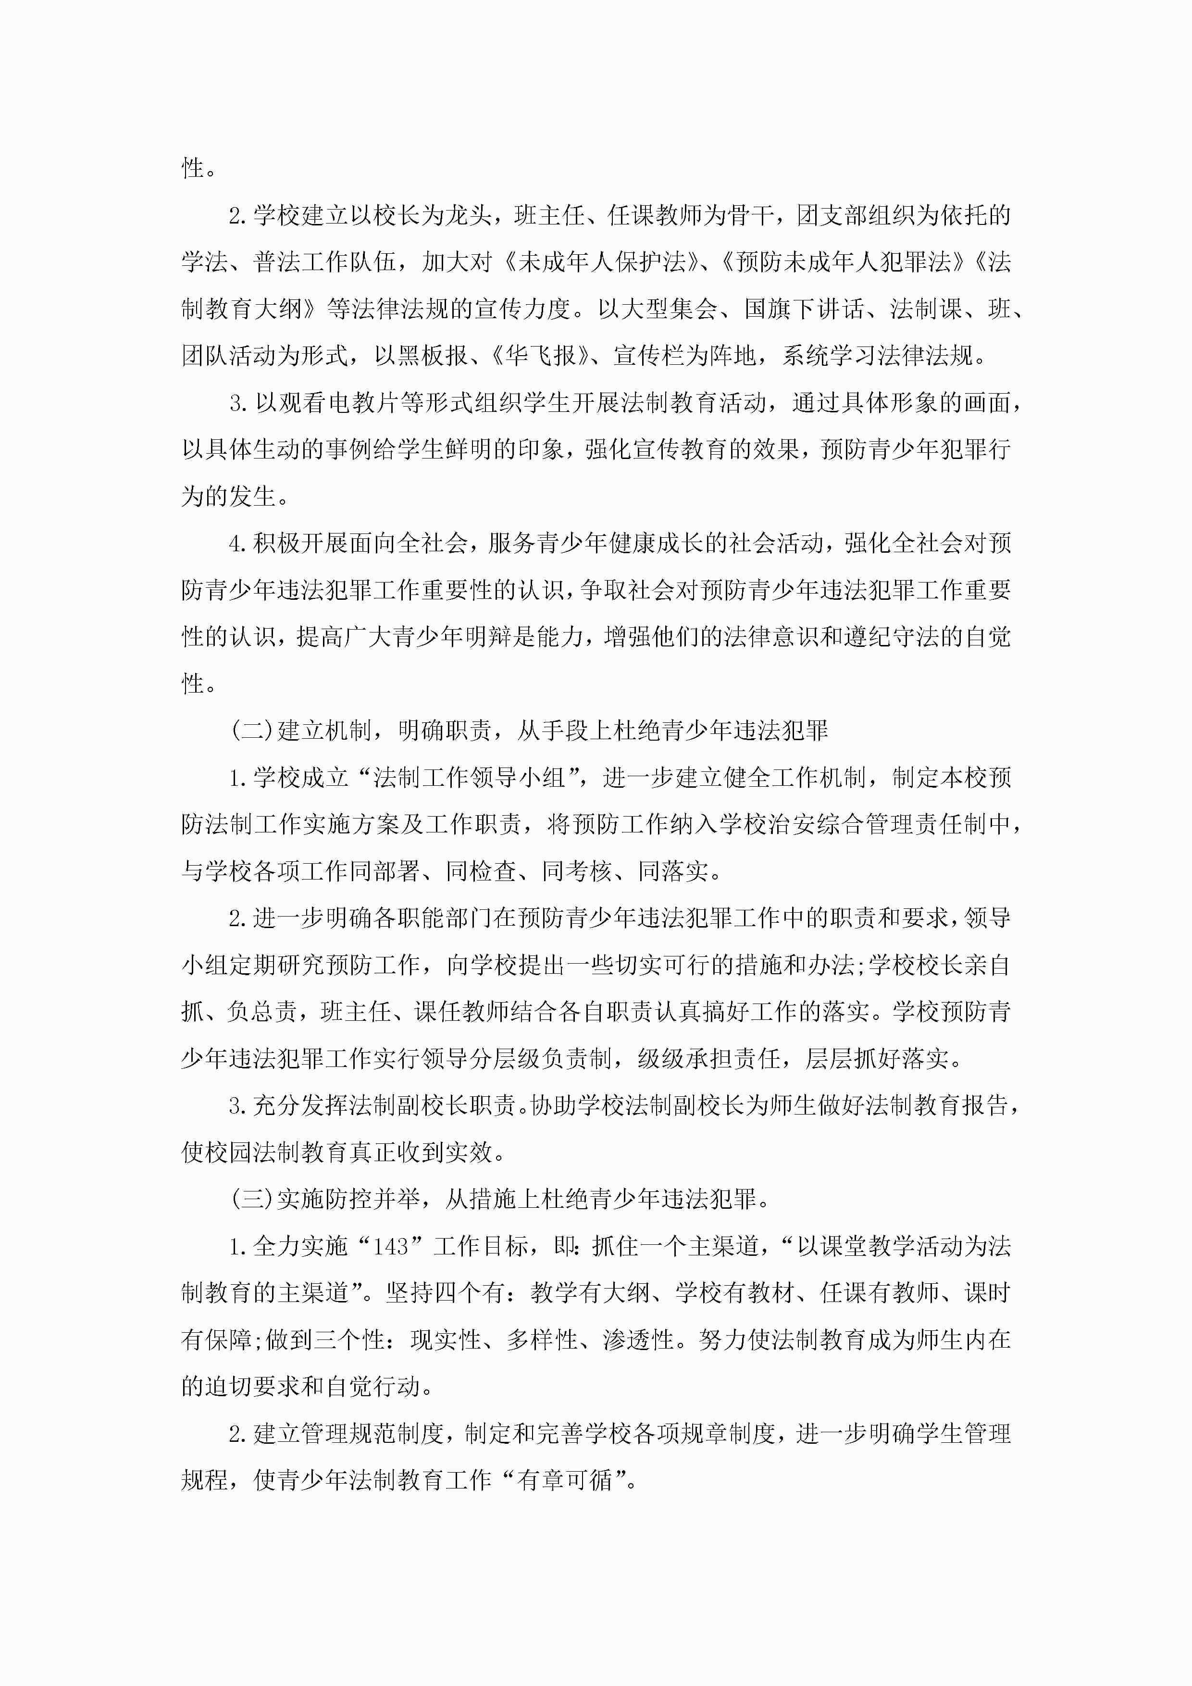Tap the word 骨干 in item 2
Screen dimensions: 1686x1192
tap(749, 216)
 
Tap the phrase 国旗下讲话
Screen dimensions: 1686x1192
tap(804, 309)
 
